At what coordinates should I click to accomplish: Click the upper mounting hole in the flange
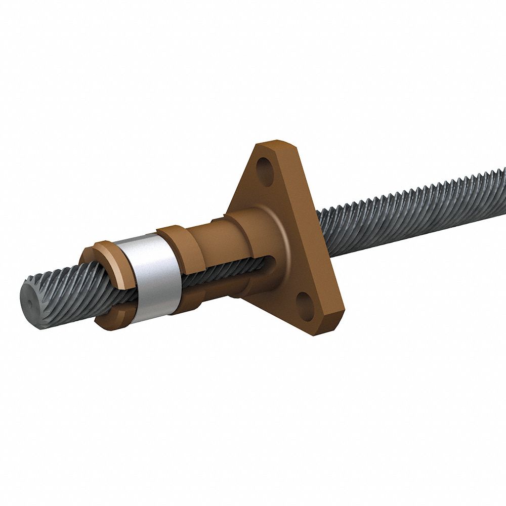265,167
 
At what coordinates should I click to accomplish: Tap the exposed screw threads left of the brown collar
66,288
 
